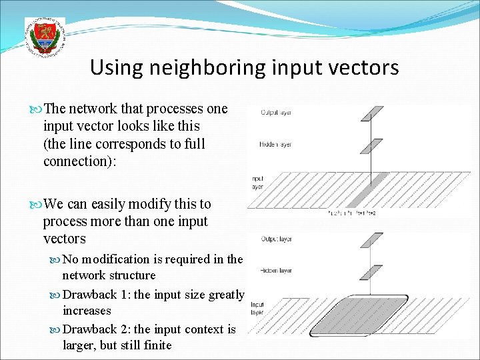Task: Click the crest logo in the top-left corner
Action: pos(45,38)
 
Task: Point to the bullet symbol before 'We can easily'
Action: pos(37,204)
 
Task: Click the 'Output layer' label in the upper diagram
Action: pos(275,113)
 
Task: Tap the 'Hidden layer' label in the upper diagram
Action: pos(275,145)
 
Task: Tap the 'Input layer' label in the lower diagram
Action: pos(257,309)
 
